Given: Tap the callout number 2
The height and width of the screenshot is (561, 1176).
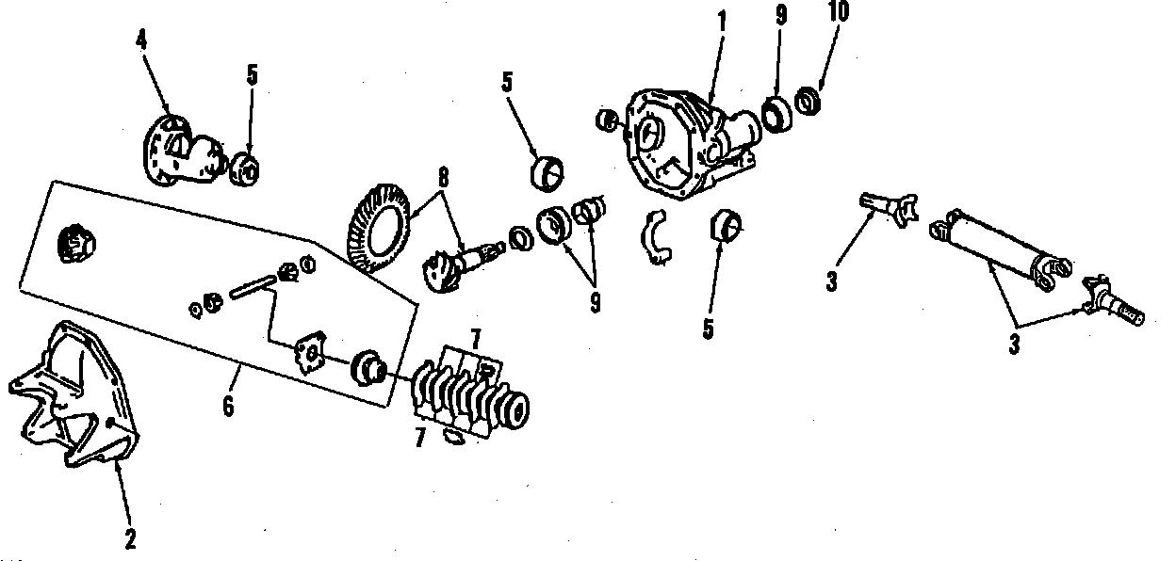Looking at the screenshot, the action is pyautogui.click(x=130, y=539).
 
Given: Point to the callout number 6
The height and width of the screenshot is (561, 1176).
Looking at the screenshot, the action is pyautogui.click(x=227, y=409).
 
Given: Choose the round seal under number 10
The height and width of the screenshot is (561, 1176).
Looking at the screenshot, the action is pyautogui.click(x=808, y=100).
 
